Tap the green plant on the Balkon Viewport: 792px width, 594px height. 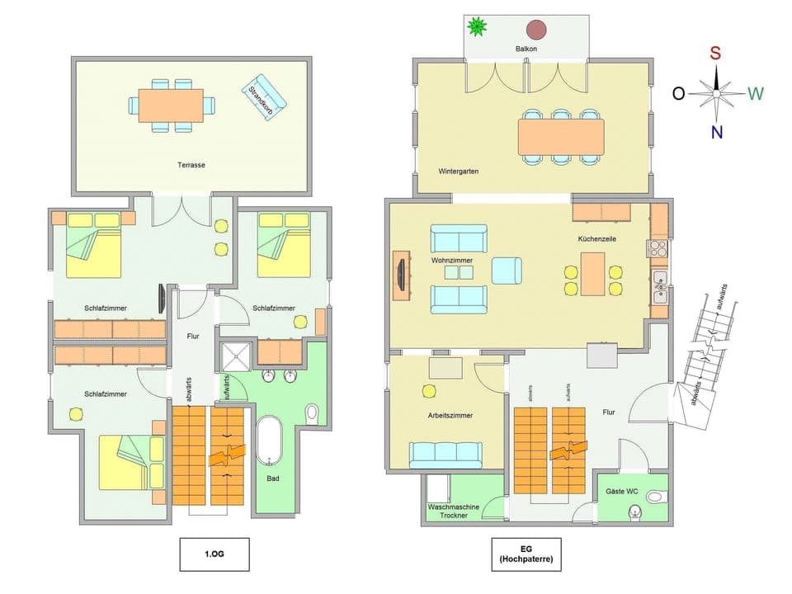(477, 28)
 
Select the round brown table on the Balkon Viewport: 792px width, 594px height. (537, 31)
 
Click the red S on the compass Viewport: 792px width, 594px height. (716, 54)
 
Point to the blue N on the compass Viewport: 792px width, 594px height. (716, 132)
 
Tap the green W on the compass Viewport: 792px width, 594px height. (756, 93)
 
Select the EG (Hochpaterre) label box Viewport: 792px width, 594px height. (526, 554)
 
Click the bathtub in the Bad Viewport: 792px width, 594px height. (269, 441)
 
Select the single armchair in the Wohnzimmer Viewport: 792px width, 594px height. (506, 271)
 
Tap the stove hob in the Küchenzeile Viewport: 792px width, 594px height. (658, 248)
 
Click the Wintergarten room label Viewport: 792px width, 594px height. (459, 172)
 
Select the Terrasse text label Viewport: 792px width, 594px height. (191, 165)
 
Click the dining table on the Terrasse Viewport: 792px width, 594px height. (171, 106)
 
